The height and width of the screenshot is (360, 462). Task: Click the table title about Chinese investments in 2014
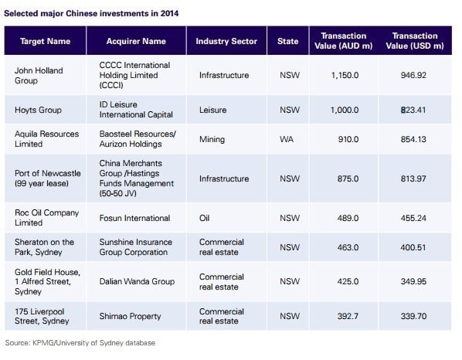91,14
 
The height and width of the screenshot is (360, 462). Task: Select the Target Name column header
45,41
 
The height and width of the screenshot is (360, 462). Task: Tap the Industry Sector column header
226,41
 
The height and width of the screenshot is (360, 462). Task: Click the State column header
287,41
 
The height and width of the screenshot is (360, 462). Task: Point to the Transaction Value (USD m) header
415,41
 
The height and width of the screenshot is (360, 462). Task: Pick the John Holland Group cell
39,76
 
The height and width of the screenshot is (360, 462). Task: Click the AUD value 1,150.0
345,76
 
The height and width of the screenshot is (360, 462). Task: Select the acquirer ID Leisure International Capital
136,110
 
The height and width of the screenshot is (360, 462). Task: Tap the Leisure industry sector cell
212,110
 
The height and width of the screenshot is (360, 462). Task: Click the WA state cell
287,139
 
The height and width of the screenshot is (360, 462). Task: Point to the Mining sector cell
212,139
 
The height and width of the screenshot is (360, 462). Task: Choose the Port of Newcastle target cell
47,178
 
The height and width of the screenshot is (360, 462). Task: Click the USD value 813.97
413,178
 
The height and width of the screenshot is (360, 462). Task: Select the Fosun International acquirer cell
134,218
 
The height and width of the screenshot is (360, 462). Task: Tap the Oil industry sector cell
204,218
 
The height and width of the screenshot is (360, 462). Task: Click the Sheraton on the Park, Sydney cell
44,247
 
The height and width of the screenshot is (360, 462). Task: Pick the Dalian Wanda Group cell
137,281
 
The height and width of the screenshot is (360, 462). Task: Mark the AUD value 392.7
348,316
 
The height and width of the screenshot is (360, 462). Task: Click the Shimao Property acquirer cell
130,316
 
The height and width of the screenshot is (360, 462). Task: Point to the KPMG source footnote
80,343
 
